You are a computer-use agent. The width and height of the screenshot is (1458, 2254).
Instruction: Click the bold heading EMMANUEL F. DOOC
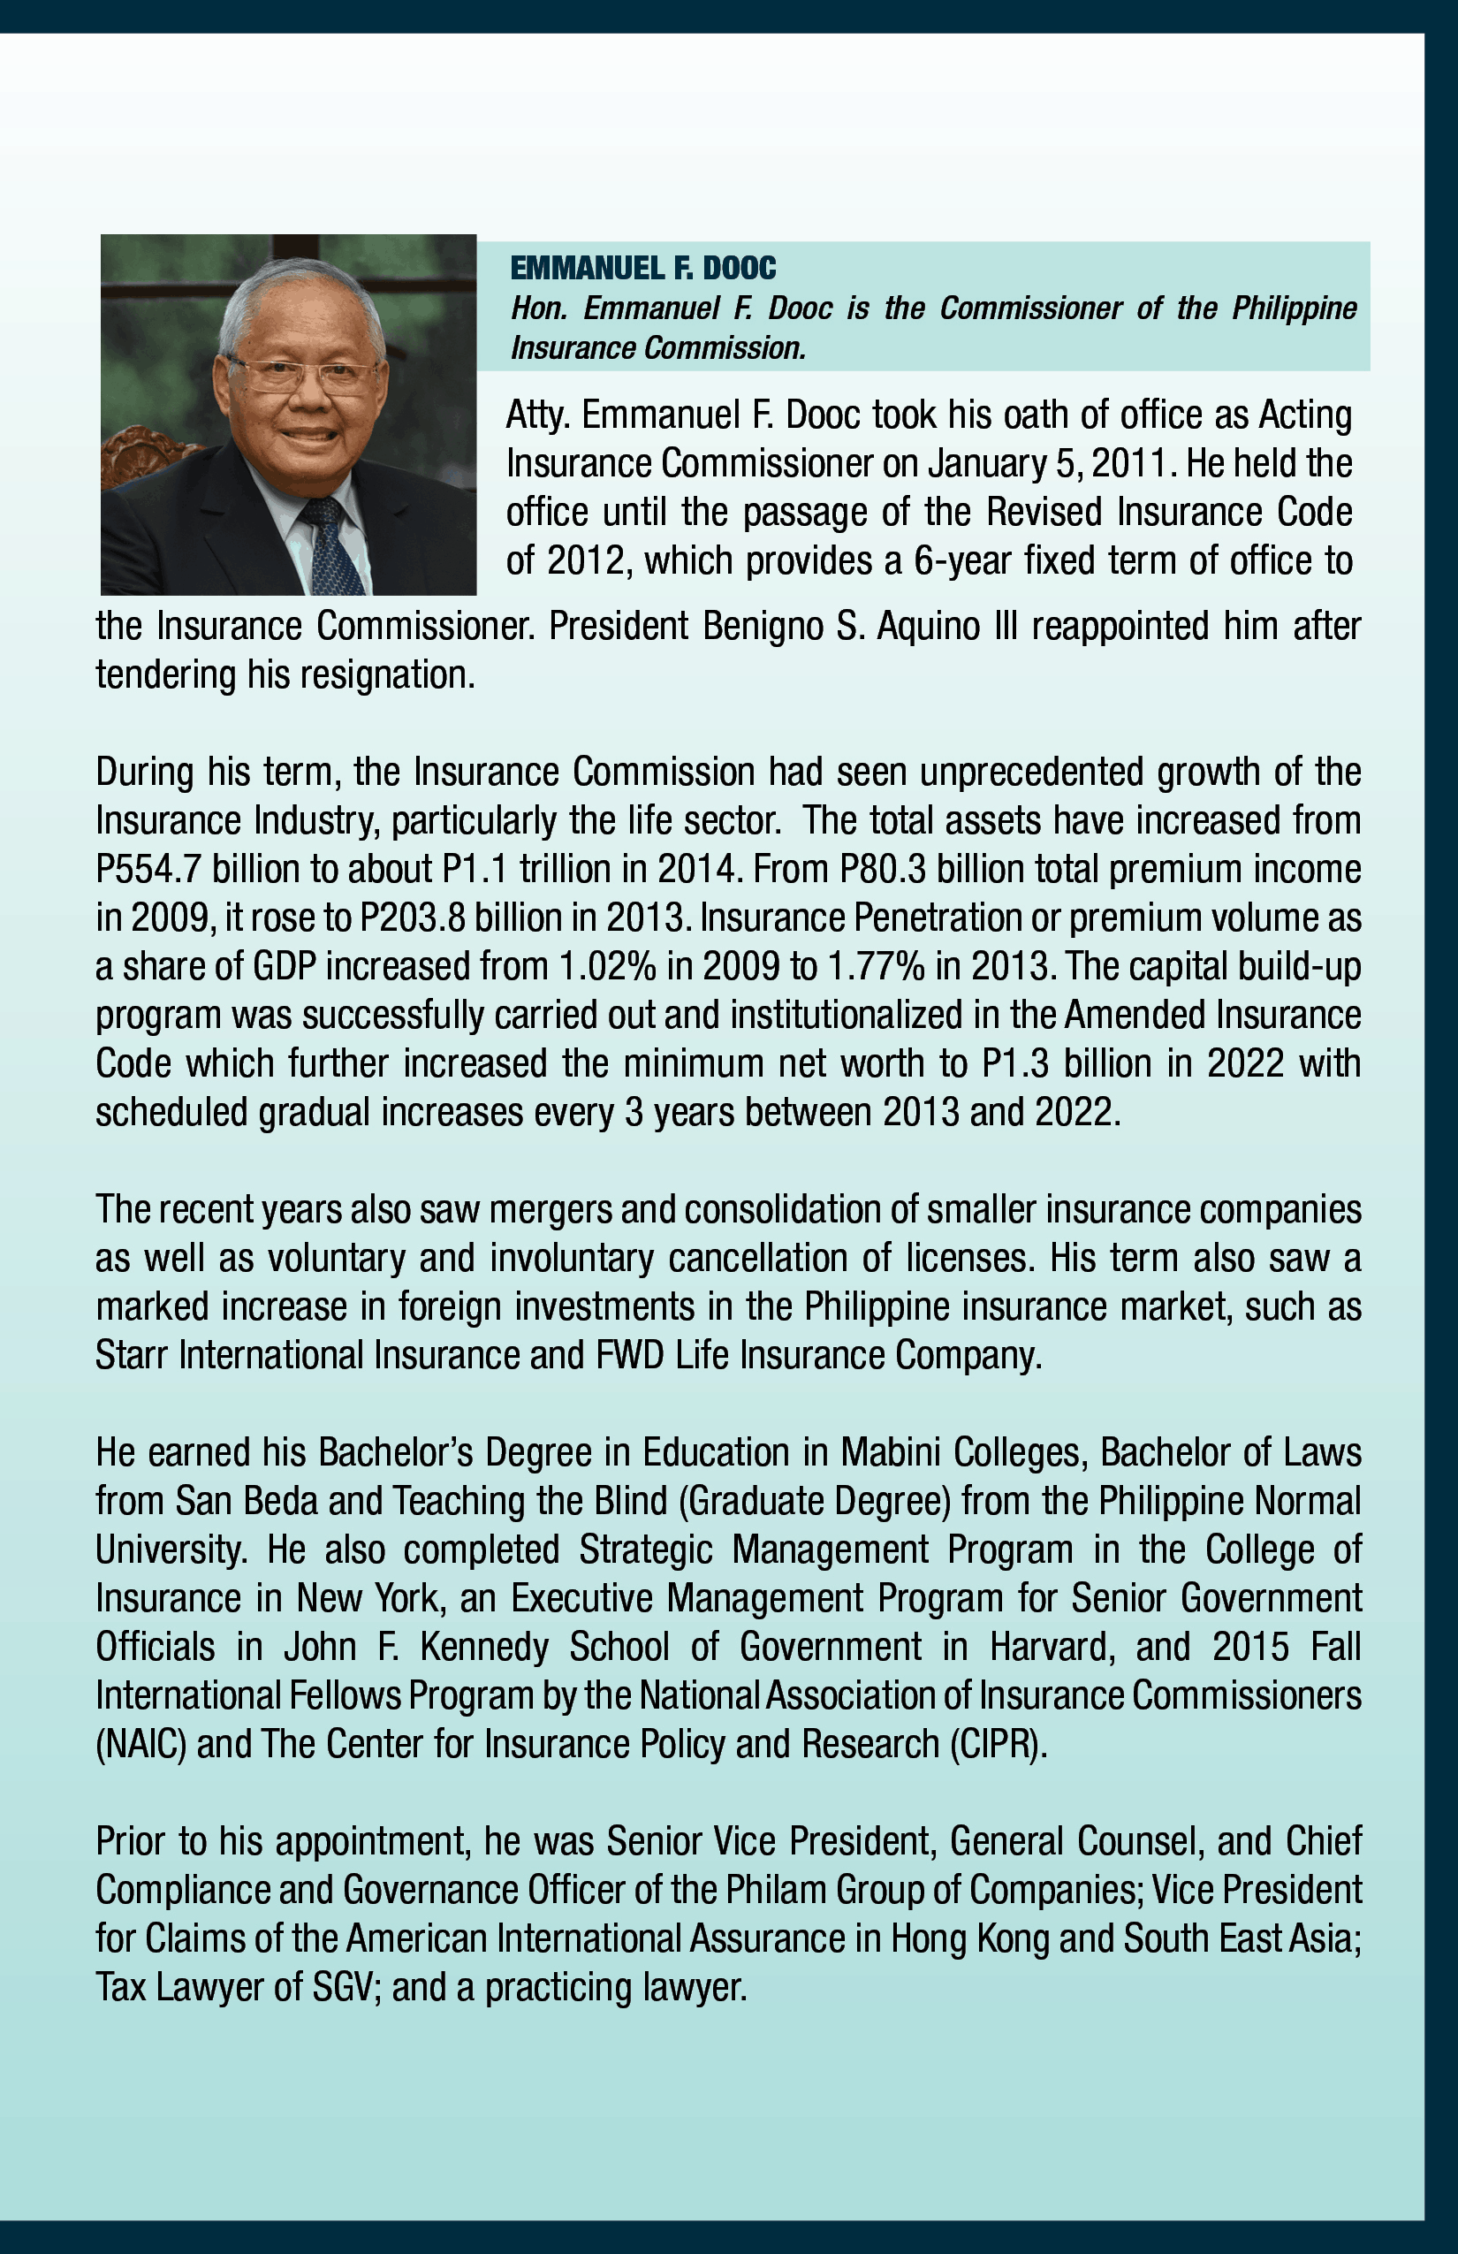pyautogui.click(x=643, y=269)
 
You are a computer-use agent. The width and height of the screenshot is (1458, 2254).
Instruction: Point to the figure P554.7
pyautogui.click(x=148, y=870)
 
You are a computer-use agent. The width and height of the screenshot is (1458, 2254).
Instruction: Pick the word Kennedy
pyautogui.click(x=484, y=1647)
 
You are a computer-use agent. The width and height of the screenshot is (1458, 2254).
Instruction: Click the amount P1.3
pyautogui.click(x=1016, y=1063)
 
